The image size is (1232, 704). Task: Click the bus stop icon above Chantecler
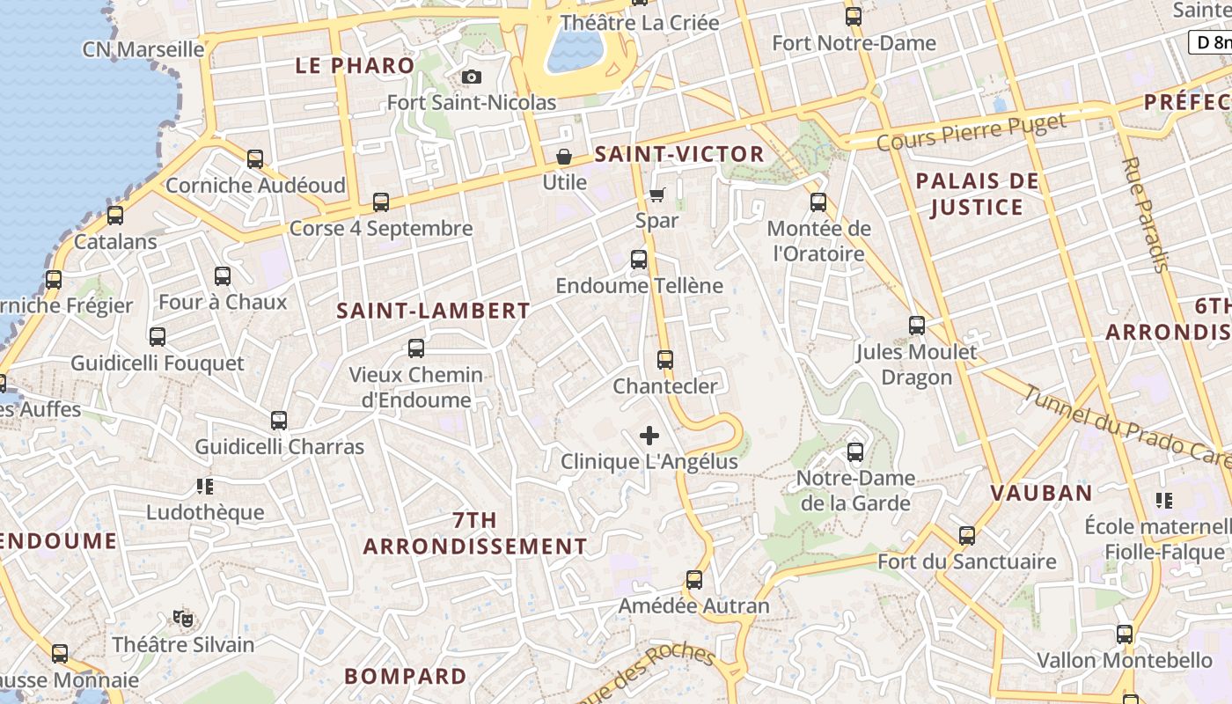665,360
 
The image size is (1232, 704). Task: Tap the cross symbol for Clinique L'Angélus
649,436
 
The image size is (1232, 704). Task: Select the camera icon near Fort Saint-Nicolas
472,77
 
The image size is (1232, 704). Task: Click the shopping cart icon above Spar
656,194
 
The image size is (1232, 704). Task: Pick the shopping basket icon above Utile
563,157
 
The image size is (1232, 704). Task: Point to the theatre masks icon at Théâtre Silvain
183,619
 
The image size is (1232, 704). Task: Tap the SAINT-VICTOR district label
679,154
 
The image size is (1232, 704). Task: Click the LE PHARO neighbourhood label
355,65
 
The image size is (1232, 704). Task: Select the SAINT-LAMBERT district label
433,311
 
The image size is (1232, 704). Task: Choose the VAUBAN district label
1041,493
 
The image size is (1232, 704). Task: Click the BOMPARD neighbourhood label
406,677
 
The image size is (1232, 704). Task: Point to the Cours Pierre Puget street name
972,131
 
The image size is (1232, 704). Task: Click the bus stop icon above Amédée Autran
694,580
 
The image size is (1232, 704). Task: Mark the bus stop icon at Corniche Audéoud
255,159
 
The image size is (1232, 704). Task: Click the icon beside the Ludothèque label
205,486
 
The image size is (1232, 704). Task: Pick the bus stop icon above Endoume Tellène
639,260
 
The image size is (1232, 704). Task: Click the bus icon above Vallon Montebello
1125,634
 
